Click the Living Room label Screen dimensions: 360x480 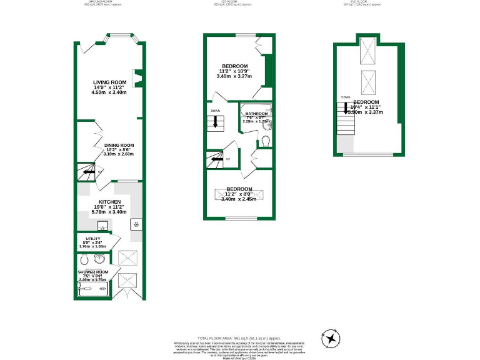[x=109, y=82]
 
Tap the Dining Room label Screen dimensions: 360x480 [x=119, y=145]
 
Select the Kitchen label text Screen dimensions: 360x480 [x=109, y=202]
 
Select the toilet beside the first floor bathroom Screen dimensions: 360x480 [x=265, y=140]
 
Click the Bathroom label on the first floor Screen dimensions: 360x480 [x=256, y=114]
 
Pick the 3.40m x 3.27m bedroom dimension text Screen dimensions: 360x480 [x=234, y=76]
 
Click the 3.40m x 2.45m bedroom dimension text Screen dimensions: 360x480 [x=239, y=199]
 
